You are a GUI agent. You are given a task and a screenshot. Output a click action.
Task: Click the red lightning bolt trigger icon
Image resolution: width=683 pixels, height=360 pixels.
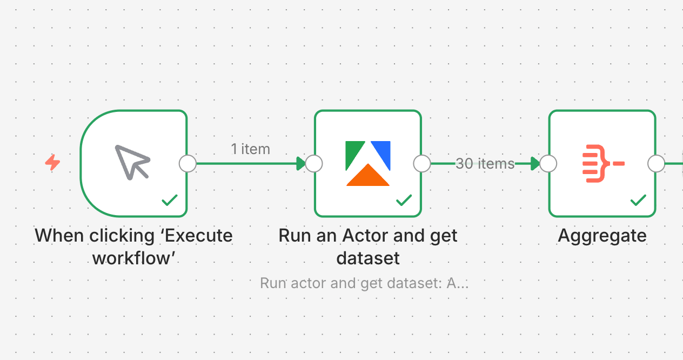point(52,162)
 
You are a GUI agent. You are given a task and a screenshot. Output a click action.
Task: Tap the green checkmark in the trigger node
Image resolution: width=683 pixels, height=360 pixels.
point(170,201)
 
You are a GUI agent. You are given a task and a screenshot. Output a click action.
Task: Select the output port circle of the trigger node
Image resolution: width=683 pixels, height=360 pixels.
point(188,163)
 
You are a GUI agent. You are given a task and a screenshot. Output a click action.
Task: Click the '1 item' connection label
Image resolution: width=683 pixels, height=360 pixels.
point(250,149)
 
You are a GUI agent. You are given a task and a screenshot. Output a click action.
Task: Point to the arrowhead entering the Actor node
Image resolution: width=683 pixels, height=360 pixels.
point(300,163)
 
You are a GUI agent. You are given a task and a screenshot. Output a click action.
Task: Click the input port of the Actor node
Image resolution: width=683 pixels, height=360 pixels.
point(314,163)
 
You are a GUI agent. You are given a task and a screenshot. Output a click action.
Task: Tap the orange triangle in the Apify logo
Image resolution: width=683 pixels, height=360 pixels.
point(368,177)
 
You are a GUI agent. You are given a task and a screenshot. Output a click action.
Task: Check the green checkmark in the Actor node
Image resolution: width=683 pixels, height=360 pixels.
point(404,201)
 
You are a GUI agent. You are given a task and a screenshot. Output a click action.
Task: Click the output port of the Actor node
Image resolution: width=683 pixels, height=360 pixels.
point(421,163)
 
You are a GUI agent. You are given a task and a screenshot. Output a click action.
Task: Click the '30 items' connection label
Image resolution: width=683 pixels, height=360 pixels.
point(485,163)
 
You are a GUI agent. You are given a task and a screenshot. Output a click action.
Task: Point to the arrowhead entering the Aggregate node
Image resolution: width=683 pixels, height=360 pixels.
point(535,163)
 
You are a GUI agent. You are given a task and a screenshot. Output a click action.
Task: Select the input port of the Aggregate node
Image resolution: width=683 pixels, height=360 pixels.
point(548,163)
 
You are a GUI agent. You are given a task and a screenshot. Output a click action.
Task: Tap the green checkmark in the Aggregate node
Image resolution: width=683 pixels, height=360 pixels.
point(638,201)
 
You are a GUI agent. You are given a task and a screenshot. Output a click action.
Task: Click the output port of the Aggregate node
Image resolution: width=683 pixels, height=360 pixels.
point(656,163)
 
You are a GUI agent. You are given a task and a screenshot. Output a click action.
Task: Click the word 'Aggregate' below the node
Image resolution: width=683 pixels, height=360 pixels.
point(602,236)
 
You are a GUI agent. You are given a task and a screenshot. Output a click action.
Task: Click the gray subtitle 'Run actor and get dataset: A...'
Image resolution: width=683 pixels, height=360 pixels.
point(364,283)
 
